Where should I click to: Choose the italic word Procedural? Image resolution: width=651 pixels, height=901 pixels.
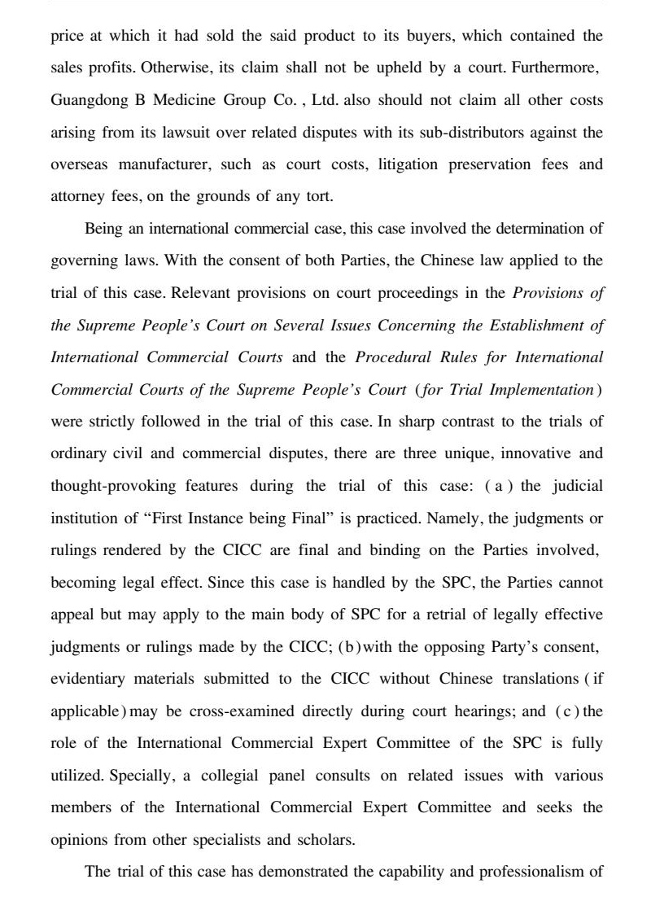click(394, 356)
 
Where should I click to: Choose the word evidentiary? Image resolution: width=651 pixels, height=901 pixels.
click(88, 678)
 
